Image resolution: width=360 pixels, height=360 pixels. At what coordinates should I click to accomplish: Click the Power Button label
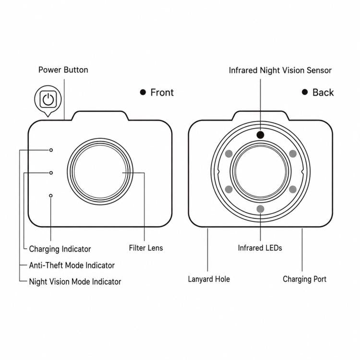pos(63,70)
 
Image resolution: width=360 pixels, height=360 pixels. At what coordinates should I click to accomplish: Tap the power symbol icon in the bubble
pos(48,99)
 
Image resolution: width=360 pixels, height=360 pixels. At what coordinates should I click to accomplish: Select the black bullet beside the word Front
pos(143,92)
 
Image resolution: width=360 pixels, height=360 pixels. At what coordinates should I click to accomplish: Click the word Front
pos(162,93)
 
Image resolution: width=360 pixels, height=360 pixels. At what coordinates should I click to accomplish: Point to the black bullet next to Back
pos(305,92)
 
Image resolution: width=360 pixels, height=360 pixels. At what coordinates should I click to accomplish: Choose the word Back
pos(323,93)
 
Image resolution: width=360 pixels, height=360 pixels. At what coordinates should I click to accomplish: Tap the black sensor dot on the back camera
pos(260,135)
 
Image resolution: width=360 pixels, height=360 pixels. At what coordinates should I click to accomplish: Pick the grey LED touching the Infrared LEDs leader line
pos(260,209)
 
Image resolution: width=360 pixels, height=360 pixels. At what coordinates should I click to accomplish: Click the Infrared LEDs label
pos(260,248)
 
